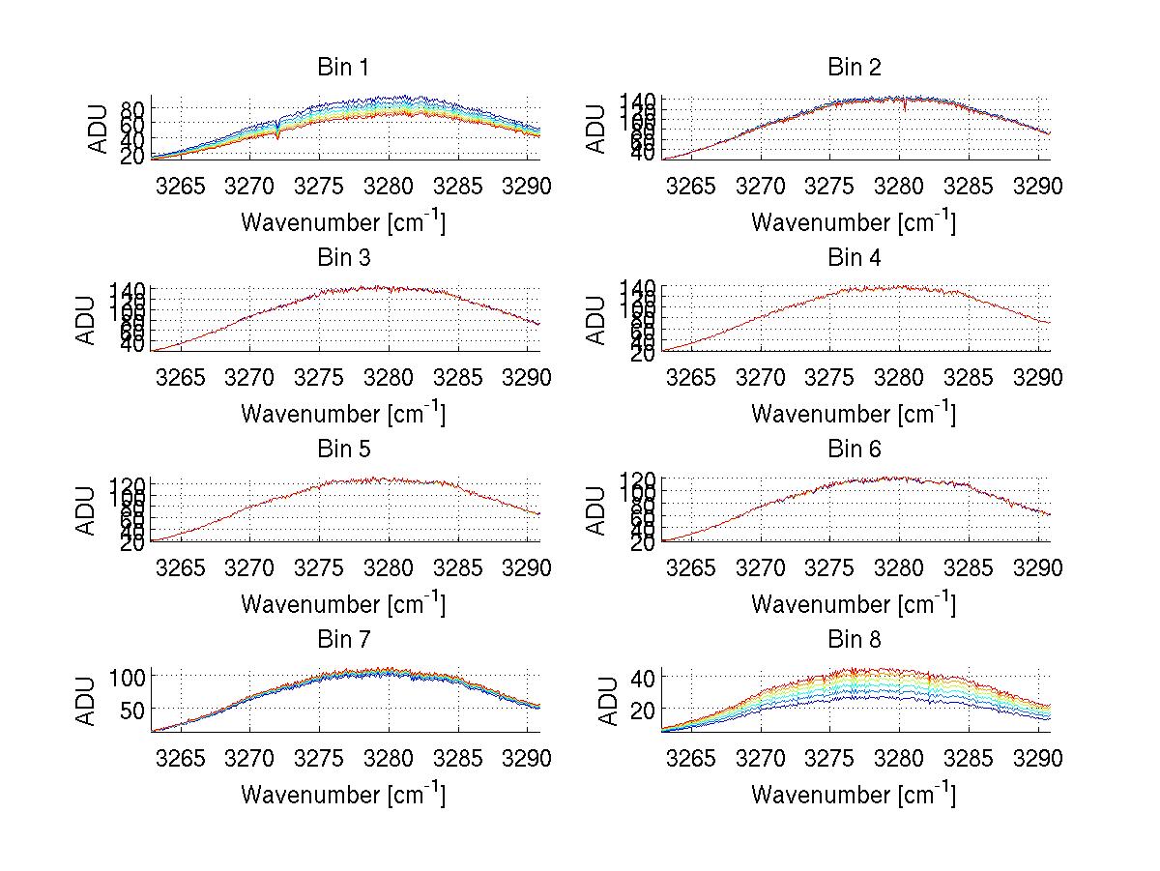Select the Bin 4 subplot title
click(855, 258)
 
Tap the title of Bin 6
click(855, 450)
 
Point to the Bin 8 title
click(855, 640)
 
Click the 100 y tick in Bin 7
click(130, 677)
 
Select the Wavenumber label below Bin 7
click(342, 794)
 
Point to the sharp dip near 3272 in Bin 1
click(278, 135)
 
